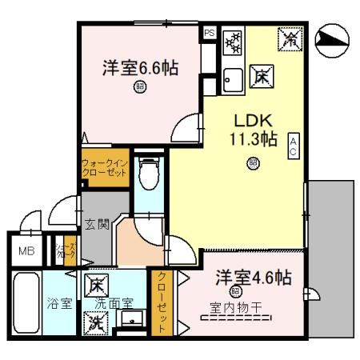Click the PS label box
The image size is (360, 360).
click(x=210, y=33)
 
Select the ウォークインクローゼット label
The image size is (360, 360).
click(x=104, y=169)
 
